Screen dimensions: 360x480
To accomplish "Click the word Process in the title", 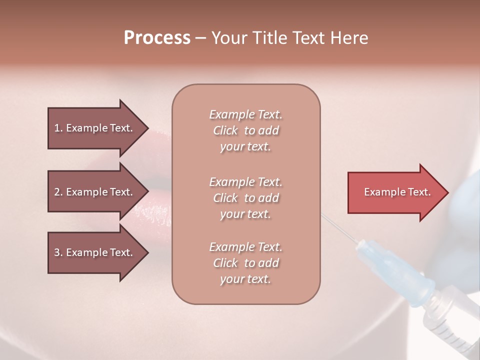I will (x=157, y=38).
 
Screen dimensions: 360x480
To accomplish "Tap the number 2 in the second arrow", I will (x=57, y=192).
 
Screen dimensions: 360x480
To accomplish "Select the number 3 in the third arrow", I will (x=57, y=252).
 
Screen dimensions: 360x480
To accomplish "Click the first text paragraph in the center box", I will (x=245, y=130).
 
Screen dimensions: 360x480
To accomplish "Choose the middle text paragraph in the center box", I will (x=245, y=198).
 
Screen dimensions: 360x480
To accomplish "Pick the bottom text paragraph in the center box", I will (x=245, y=263).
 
